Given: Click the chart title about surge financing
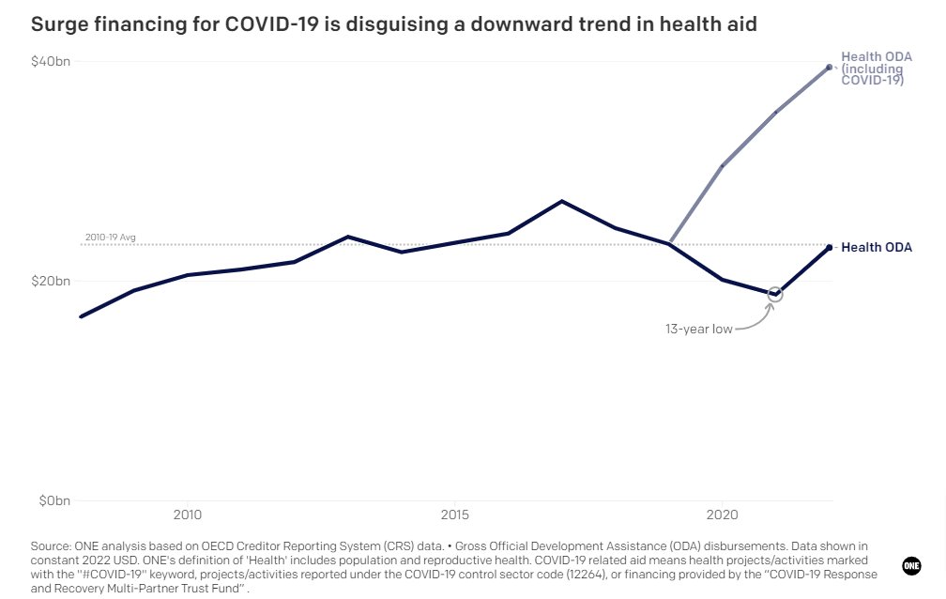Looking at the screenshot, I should click(x=393, y=25).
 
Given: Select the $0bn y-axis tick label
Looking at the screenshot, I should click(x=53, y=501).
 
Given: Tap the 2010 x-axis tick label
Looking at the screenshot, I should click(x=187, y=515).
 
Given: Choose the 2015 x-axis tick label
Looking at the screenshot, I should click(x=454, y=515).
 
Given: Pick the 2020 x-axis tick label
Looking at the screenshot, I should click(x=722, y=515).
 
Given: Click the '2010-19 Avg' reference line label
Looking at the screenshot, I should click(x=110, y=238).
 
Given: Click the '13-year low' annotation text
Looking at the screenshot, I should click(x=698, y=329).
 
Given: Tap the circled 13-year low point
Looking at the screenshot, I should click(x=775, y=294).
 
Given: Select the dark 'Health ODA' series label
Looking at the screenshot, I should click(x=876, y=248).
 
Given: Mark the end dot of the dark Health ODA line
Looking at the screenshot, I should click(x=829, y=247).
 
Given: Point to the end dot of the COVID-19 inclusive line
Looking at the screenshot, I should click(x=829, y=67).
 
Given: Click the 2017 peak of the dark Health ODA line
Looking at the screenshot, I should click(x=561, y=201).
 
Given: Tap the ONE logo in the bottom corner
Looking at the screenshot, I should click(x=911, y=565).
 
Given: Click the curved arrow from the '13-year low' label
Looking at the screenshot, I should click(x=755, y=319).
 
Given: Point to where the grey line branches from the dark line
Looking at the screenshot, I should click(x=668, y=244).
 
